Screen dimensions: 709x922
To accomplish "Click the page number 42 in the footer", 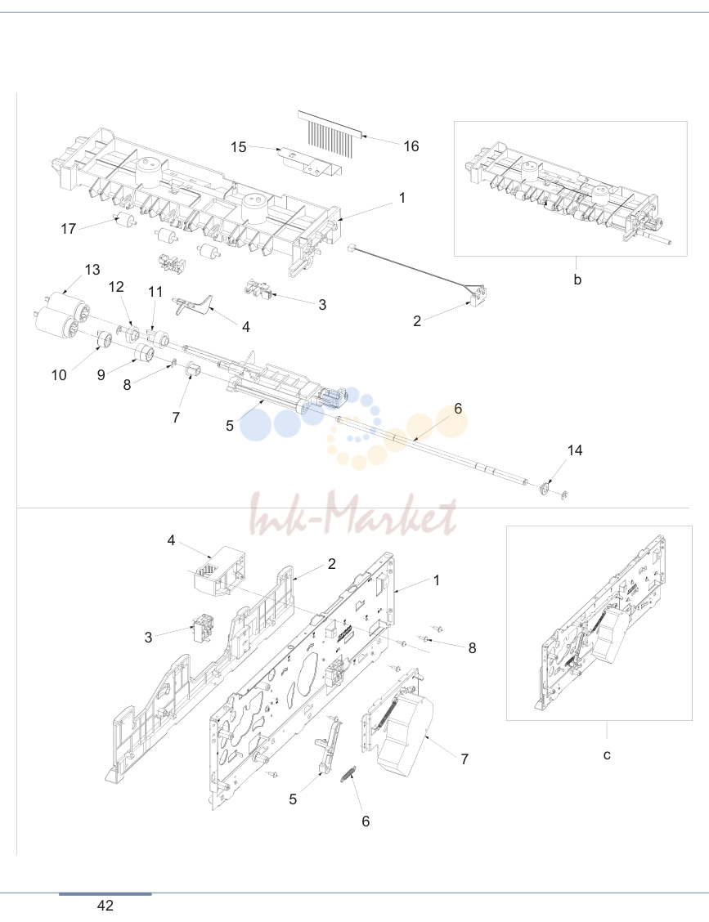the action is coord(105,906).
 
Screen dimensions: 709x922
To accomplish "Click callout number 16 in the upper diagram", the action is coord(411,146).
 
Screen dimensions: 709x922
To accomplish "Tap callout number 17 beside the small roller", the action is coord(68,229).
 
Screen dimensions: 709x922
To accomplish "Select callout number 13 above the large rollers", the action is coord(92,270).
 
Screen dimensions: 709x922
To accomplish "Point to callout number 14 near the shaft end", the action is coord(575,450).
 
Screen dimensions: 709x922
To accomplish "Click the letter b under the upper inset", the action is coord(577,280).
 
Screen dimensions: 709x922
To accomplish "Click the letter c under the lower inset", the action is coord(608,755).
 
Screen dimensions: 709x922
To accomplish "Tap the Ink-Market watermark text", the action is coord(353,514).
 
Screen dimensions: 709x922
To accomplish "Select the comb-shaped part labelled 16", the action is coord(330,129).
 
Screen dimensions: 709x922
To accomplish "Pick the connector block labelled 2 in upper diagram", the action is coord(478,294).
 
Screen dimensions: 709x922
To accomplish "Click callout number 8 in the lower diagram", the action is coord(472,648).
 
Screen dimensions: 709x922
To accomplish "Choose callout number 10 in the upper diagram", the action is coord(59,375).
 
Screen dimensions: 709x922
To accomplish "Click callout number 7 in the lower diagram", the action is coord(464,759).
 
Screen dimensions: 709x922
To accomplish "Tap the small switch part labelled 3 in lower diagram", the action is coord(203,628).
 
